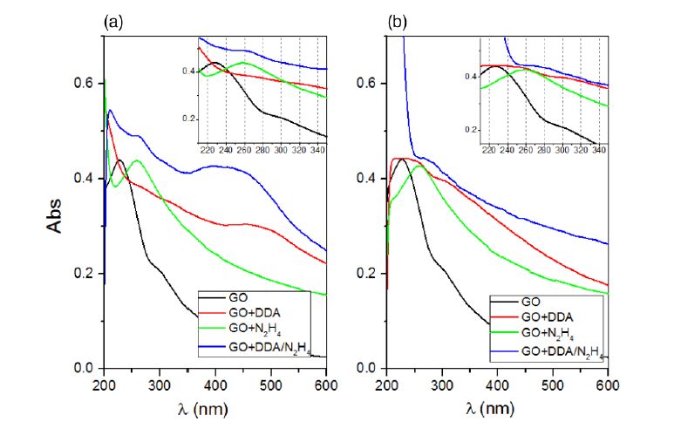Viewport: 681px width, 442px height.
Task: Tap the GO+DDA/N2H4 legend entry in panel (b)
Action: [x=562, y=352]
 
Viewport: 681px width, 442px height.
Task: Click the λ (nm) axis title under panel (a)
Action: [x=215, y=406]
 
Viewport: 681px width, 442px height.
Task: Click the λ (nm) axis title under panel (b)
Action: [x=498, y=406]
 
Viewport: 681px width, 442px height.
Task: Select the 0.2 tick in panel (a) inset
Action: [x=187, y=118]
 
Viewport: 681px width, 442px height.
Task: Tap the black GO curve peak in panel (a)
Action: [x=119, y=160]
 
